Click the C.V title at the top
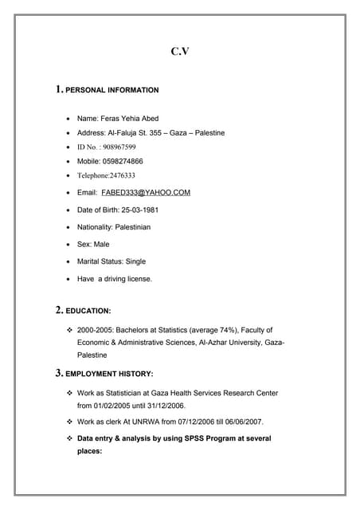[x=180, y=53]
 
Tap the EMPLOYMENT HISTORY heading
[x=108, y=373]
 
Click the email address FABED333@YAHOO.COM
[x=146, y=192]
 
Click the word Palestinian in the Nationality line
[x=132, y=227]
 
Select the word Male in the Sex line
[x=102, y=244]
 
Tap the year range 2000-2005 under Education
[x=94, y=330]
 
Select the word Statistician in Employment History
[x=119, y=394]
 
